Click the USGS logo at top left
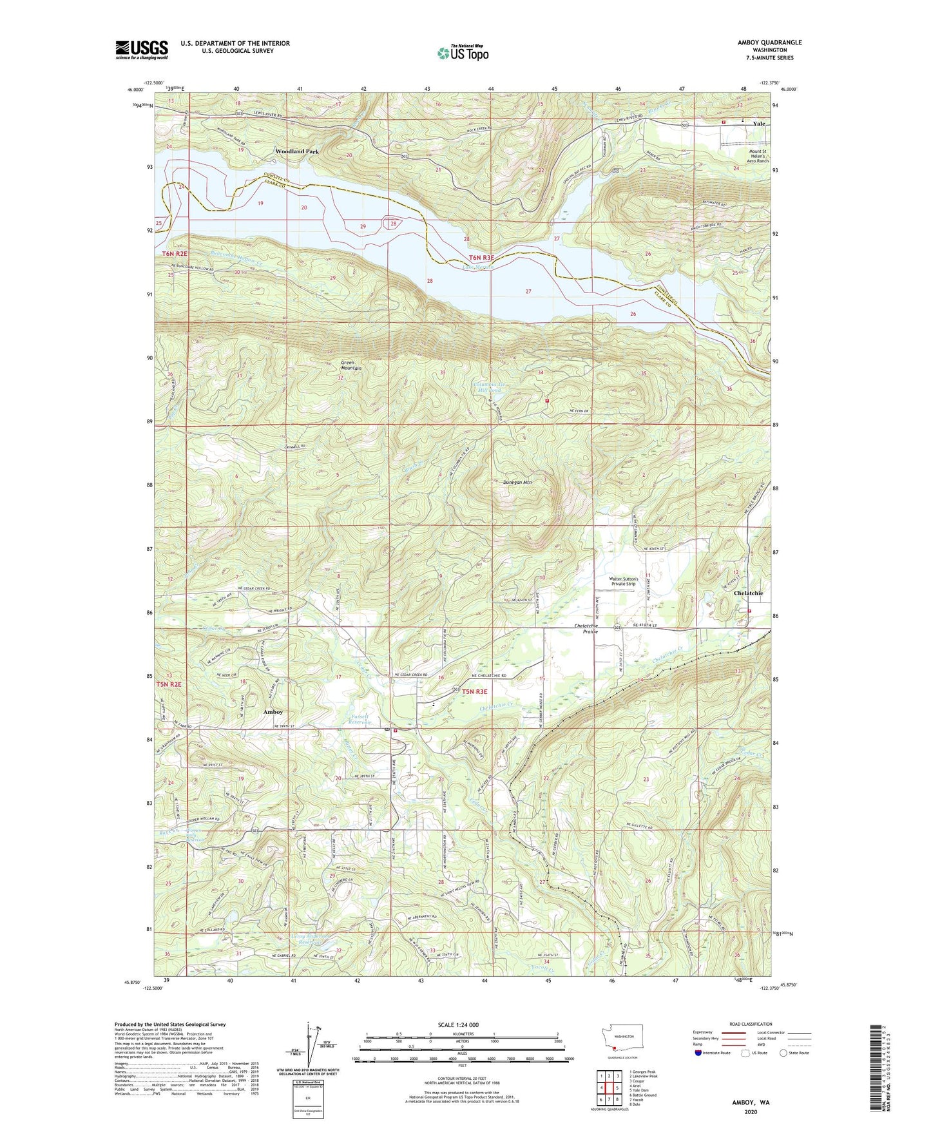[142, 49]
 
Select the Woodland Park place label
[296, 151]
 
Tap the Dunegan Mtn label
[517, 481]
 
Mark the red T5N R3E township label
[474, 691]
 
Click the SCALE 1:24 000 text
[457, 1025]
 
